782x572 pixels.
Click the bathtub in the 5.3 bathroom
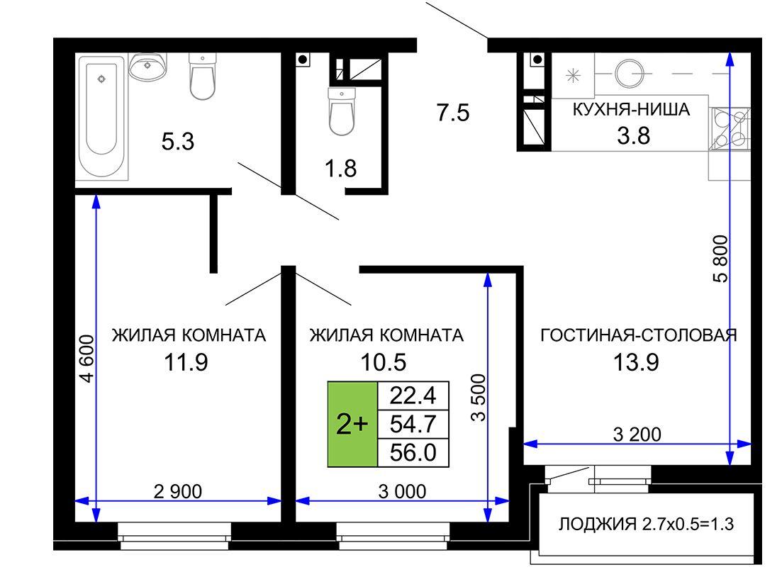pyautogui.click(x=102, y=117)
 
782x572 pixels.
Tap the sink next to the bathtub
pyautogui.click(x=147, y=67)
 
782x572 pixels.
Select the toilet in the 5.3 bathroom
pyautogui.click(x=203, y=77)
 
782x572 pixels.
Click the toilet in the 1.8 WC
pyautogui.click(x=342, y=111)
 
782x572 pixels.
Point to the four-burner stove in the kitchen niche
pyautogui.click(x=729, y=129)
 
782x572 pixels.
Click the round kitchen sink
pyautogui.click(x=629, y=73)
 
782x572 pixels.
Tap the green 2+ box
pyautogui.click(x=352, y=425)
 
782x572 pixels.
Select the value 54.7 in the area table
pyautogui.click(x=413, y=425)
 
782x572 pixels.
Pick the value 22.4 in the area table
pyautogui.click(x=413, y=396)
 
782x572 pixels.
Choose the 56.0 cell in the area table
pyautogui.click(x=413, y=453)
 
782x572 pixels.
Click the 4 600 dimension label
pyautogui.click(x=86, y=359)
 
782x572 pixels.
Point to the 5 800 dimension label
pyautogui.click(x=720, y=259)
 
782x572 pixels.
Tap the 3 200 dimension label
pyautogui.click(x=637, y=434)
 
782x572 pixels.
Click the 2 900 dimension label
pyautogui.click(x=177, y=492)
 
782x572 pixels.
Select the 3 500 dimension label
pyautogui.click(x=479, y=398)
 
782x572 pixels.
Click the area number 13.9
pyautogui.click(x=636, y=362)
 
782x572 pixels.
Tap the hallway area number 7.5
pyautogui.click(x=453, y=113)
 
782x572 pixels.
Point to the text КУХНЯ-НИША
pyautogui.click(x=631, y=109)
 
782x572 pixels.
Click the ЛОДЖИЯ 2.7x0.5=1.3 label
pyautogui.click(x=646, y=524)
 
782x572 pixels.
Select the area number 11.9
pyautogui.click(x=186, y=362)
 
